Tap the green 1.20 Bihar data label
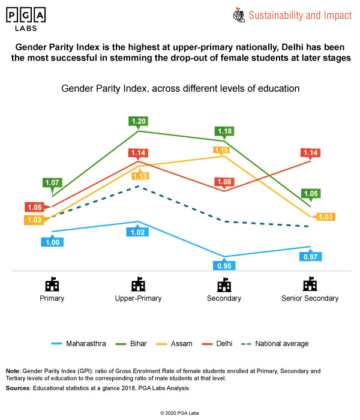click(139, 121)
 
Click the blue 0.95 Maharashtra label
click(225, 265)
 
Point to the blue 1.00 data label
click(52, 242)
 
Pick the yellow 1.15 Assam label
click(221, 150)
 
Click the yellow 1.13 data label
click(139, 175)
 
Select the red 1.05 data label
click(34, 207)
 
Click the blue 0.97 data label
click(311, 256)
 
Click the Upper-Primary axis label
click(139, 298)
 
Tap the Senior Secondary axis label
click(310, 298)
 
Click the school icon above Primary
click(52, 283)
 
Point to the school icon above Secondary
click(224, 283)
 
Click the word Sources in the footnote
click(19, 388)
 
